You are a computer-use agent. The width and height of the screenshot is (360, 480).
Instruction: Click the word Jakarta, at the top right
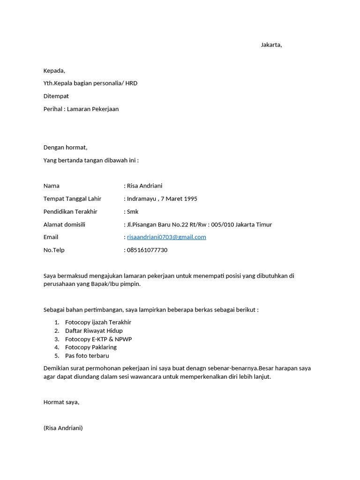[x=271, y=45]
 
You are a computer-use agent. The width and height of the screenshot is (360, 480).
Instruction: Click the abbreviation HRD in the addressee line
[x=131, y=83]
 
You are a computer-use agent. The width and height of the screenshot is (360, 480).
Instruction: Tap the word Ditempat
[x=56, y=96]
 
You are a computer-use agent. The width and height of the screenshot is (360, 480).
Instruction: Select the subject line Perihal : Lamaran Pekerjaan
[x=81, y=109]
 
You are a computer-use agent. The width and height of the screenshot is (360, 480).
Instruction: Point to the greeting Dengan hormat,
[x=65, y=148]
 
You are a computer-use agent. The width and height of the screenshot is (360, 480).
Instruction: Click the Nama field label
[x=52, y=186]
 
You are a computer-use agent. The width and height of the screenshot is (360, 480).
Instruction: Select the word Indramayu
[x=141, y=199]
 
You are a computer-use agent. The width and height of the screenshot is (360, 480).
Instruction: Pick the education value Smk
[x=133, y=212]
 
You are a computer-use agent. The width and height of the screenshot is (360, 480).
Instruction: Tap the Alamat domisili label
[x=64, y=225]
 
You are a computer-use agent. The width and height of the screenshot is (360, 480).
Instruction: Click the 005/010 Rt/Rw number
[x=222, y=225]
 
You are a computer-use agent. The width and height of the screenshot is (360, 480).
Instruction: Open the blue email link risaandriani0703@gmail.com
[x=166, y=237]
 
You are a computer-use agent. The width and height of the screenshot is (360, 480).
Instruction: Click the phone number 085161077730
[x=147, y=250]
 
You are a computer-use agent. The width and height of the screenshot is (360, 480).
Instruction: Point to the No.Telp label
[x=54, y=250]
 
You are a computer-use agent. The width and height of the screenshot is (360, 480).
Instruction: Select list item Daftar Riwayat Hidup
[x=94, y=331]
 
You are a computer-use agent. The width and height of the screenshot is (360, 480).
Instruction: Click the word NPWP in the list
[x=123, y=339]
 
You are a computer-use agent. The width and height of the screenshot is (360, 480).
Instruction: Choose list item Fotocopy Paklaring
[x=91, y=347]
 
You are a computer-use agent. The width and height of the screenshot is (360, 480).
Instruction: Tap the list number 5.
[x=56, y=356]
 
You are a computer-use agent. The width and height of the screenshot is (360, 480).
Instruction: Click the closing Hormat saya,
[x=61, y=402]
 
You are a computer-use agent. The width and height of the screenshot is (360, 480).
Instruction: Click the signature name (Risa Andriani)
[x=63, y=428]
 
